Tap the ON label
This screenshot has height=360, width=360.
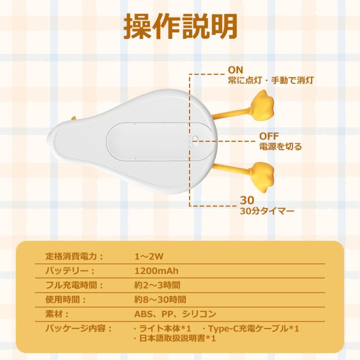pos(235,70)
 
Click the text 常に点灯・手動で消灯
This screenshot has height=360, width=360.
pos(271,80)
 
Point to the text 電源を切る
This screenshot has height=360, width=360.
pos(280,147)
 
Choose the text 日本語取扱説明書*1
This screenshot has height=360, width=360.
pos(175,339)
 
